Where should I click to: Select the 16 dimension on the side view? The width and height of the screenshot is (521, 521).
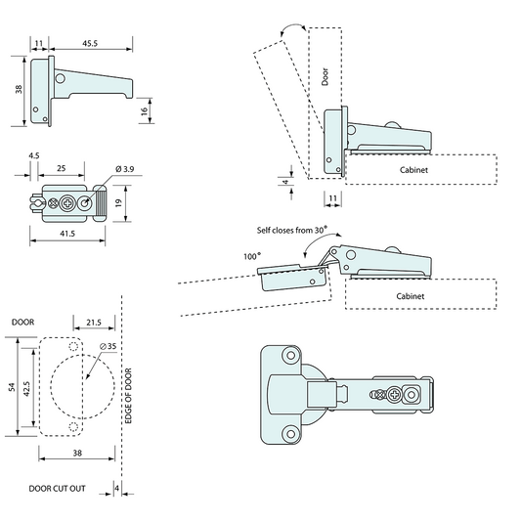pyautogui.click(x=145, y=111)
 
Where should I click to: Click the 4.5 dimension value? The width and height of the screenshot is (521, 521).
pyautogui.click(x=34, y=155)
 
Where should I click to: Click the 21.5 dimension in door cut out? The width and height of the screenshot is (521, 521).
pyautogui.click(x=94, y=321)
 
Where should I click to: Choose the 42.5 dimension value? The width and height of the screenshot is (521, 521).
pyautogui.click(x=28, y=388)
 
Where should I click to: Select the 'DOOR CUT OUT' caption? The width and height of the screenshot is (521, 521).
pyautogui.click(x=57, y=487)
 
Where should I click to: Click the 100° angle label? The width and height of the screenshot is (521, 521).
pyautogui.click(x=252, y=256)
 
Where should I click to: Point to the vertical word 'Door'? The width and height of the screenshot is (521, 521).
pyautogui.click(x=326, y=76)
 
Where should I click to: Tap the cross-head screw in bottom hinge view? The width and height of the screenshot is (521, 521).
pyautogui.click(x=393, y=396)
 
